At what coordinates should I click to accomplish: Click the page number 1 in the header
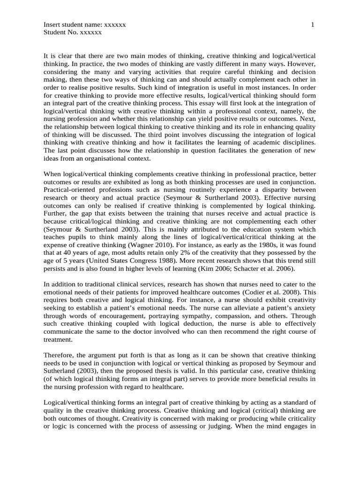click(313, 24)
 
